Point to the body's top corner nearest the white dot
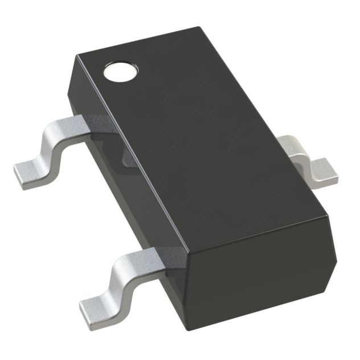[77, 55]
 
